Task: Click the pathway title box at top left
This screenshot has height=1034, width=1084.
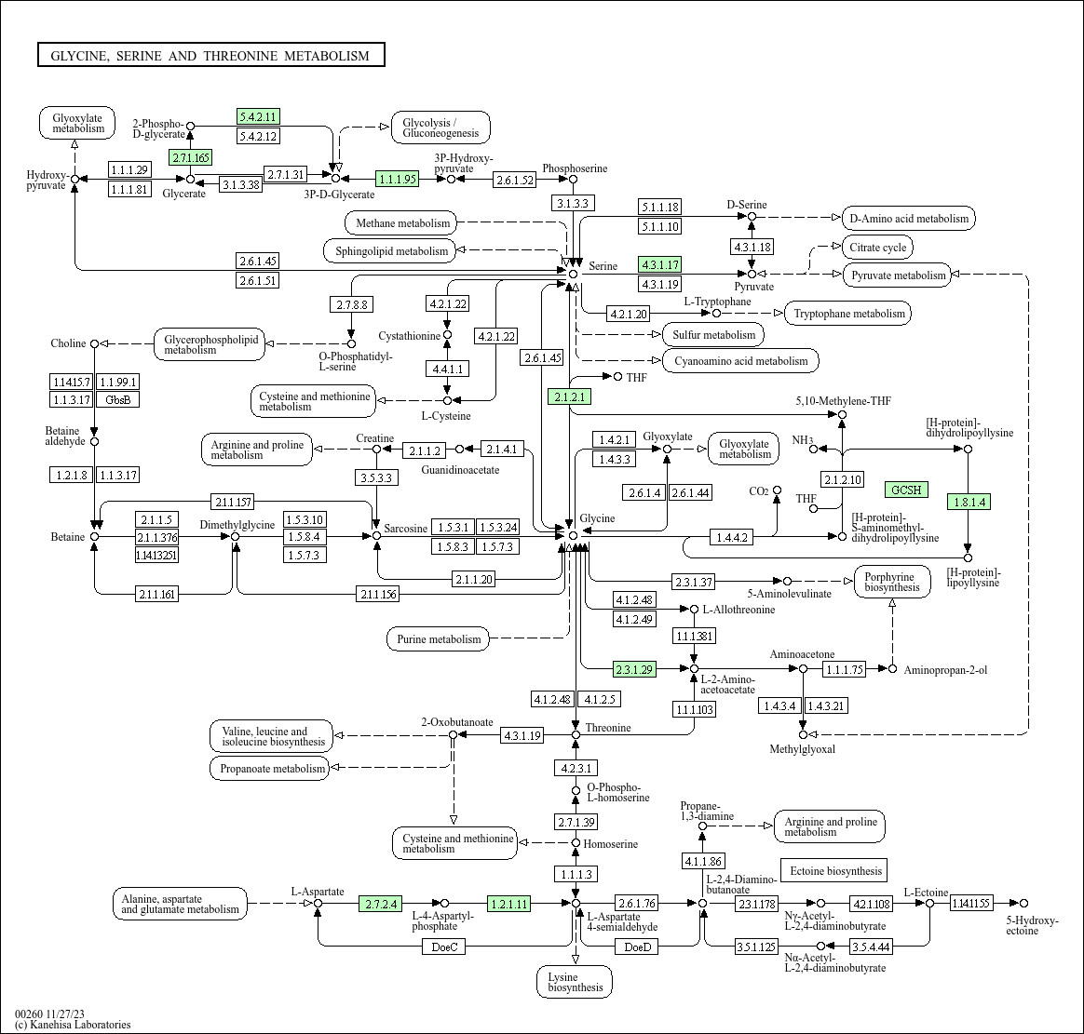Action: (210, 55)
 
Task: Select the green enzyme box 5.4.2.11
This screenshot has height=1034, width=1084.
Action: (258, 116)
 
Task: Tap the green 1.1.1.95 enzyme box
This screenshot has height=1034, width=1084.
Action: (397, 179)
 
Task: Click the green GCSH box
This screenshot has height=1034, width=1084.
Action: (906, 490)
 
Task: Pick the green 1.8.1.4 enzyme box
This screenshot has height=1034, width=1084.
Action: (969, 503)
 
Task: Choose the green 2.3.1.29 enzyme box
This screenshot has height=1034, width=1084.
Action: (634, 668)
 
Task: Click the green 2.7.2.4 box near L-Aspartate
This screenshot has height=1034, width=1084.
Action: (380, 904)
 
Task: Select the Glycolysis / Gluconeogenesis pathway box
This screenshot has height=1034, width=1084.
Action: (441, 128)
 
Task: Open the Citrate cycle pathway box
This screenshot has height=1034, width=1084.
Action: (878, 248)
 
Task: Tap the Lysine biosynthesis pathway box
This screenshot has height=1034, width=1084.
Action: (575, 982)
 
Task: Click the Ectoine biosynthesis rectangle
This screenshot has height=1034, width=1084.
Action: (834, 871)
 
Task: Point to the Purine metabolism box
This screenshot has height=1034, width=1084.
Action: (439, 638)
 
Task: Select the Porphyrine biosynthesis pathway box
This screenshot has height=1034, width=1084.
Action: (892, 582)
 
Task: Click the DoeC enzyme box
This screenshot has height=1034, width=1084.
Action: (444, 947)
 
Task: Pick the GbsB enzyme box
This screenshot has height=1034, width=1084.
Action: (117, 399)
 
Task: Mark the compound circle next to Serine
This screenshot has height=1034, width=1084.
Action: (573, 275)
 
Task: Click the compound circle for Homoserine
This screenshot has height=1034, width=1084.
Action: (576, 842)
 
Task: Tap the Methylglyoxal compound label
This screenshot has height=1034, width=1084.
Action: (802, 748)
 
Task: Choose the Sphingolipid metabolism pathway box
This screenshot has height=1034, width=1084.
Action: (391, 250)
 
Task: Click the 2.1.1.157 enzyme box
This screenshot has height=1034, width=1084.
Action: (233, 502)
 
